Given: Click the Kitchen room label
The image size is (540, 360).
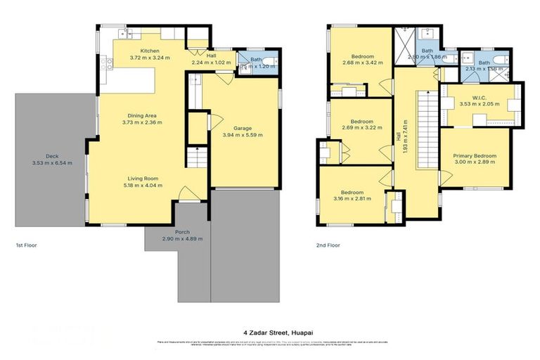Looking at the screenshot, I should pyautogui.click(x=150, y=51).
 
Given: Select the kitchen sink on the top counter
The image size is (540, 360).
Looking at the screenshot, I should pyautogui.click(x=124, y=32).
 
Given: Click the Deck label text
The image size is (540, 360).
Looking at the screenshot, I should pyautogui.click(x=52, y=156).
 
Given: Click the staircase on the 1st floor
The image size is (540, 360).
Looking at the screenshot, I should pyautogui.click(x=197, y=159).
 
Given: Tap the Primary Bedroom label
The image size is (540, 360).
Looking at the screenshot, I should pyautogui.click(x=475, y=156).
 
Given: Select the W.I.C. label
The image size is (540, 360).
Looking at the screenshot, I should pyautogui.click(x=479, y=97).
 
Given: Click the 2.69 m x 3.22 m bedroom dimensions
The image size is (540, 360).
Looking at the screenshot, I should pyautogui.click(x=361, y=129).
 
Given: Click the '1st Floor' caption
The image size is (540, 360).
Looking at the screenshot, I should pyautogui.click(x=26, y=245).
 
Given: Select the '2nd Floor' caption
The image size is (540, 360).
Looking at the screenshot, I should pyautogui.click(x=328, y=245).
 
